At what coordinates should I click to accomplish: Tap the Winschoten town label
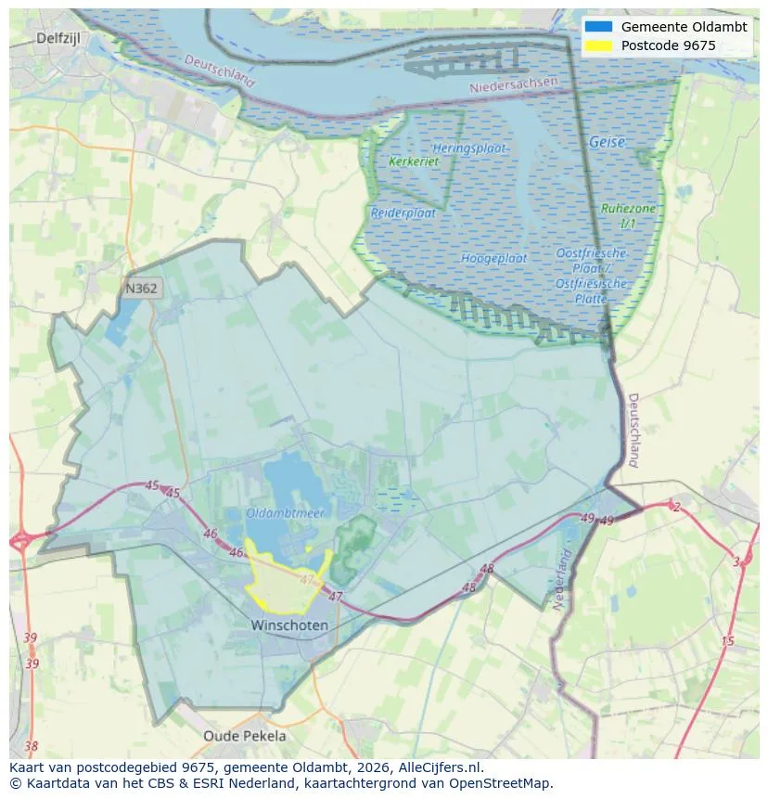coord(289,625)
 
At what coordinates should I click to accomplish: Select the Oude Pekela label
coord(245,736)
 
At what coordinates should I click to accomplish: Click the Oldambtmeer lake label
coord(285,512)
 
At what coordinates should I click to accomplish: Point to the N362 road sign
coord(141,289)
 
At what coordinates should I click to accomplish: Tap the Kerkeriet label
coord(414,161)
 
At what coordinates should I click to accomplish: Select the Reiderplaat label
coord(403,213)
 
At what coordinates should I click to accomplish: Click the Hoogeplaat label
coord(494,258)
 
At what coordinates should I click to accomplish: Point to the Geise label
coord(607,143)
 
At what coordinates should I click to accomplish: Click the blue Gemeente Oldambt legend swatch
coord(599,27)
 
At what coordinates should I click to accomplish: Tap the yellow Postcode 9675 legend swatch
coord(599,45)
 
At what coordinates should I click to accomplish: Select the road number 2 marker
coord(676,507)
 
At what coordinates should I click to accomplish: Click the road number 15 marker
coord(726,641)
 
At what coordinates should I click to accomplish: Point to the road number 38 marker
coord(32,745)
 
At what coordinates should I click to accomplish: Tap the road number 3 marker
coord(736,561)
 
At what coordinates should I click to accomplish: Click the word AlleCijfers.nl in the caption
coord(437,767)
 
